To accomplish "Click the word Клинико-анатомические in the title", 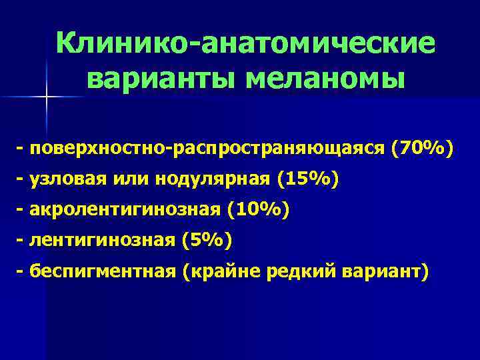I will (x=246, y=44).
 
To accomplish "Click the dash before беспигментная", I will (x=21, y=271).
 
